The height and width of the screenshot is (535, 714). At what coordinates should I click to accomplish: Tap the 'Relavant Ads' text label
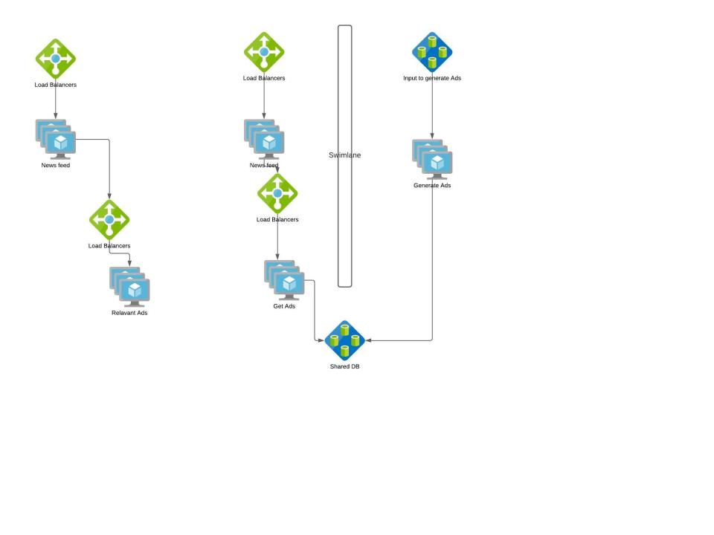(129, 313)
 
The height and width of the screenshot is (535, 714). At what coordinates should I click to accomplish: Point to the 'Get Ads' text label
(284, 306)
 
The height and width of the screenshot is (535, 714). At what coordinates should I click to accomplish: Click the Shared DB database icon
(344, 340)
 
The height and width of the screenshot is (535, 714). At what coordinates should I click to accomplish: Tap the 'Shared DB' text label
(344, 366)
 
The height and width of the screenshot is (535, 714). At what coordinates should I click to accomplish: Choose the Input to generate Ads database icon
(432, 52)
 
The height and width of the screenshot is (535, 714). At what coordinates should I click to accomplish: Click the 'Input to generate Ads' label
(432, 78)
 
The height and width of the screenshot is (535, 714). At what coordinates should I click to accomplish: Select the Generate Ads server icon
(432, 159)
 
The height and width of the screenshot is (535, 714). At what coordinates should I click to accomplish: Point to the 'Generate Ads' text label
(432, 186)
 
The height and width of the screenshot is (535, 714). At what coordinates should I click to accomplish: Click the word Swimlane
(344, 155)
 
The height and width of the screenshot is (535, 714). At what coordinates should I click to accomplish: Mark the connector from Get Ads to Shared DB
(315, 312)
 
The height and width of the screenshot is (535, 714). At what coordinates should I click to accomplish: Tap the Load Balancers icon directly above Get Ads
(277, 193)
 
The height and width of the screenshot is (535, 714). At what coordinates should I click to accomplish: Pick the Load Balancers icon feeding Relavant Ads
(109, 219)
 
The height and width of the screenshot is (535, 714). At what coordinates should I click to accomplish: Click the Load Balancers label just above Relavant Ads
(109, 246)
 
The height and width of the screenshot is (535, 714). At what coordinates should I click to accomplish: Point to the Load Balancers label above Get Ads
(277, 220)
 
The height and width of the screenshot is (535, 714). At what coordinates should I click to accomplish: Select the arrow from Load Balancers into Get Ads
(277, 241)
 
